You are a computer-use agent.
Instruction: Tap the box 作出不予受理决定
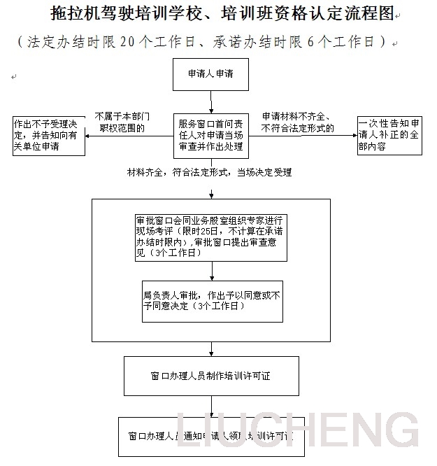pos(49,136)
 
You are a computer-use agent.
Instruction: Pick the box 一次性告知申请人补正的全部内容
pos(389,135)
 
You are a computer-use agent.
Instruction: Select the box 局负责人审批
pos(213,301)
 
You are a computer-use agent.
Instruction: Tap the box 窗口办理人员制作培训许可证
pos(210,376)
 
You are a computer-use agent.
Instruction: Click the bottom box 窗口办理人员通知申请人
pos(210,436)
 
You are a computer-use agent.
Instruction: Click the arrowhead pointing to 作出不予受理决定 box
pos(89,135)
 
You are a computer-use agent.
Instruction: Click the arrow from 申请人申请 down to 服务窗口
pos(210,101)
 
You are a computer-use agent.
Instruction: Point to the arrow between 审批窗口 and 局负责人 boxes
pos(211,271)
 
